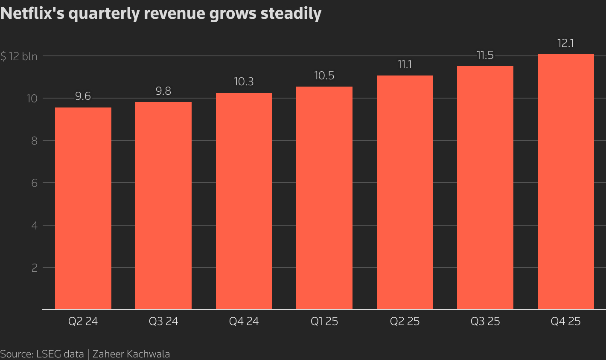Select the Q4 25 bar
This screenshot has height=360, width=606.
(x=565, y=181)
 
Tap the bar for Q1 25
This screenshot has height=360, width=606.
(x=324, y=198)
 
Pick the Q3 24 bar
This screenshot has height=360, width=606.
(x=163, y=206)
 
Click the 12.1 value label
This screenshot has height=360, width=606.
(x=565, y=44)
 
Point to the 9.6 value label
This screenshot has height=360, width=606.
(x=83, y=97)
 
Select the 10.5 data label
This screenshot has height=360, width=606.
(x=324, y=76)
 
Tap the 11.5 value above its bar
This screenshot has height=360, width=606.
(x=485, y=55)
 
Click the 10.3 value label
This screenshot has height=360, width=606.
(x=244, y=82)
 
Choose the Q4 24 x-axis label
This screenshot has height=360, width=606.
(x=244, y=322)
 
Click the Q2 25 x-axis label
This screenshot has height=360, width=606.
(x=405, y=322)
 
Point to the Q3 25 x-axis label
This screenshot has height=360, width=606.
(x=485, y=322)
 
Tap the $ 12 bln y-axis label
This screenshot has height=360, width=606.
(x=19, y=56)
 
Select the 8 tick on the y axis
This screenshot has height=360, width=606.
(x=34, y=141)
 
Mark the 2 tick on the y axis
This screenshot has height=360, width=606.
(x=34, y=268)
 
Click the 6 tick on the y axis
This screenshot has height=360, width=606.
(x=34, y=183)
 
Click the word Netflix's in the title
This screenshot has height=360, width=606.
(x=32, y=14)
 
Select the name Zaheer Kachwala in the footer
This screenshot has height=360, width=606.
(x=131, y=354)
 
